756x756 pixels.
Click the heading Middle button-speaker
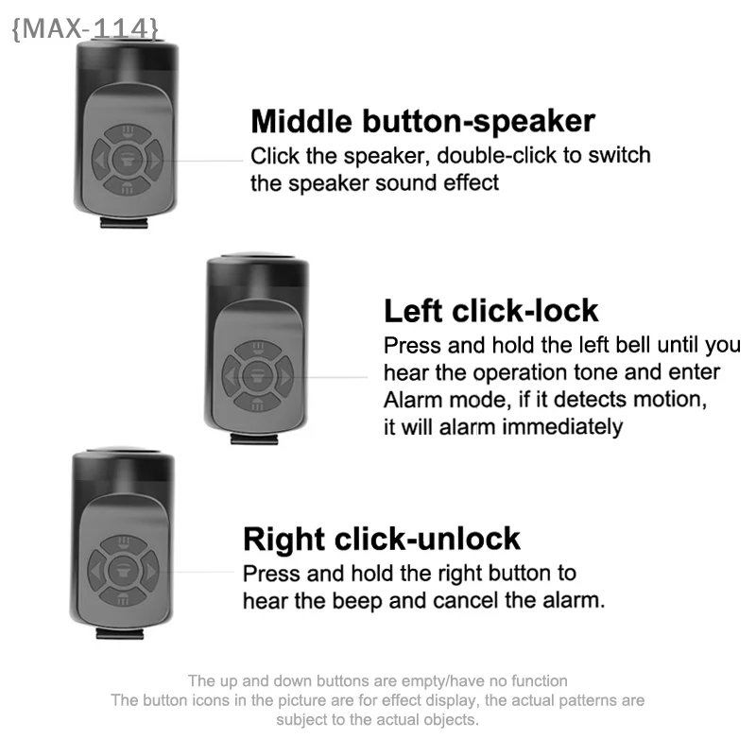(x=422, y=122)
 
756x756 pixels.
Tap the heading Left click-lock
(x=490, y=311)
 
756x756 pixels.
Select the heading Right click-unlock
(x=382, y=539)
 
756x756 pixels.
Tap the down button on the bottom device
(x=126, y=596)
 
